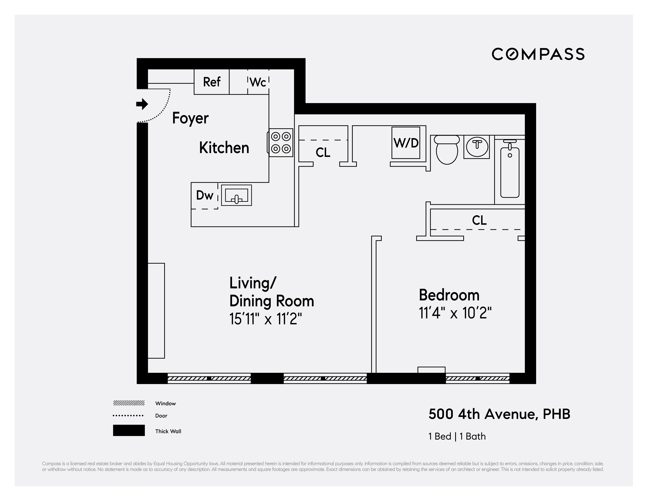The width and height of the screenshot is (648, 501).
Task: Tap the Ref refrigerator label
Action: [212, 82]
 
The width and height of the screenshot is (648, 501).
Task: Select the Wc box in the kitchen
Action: [258, 82]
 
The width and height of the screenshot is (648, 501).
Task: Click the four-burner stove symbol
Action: [281, 143]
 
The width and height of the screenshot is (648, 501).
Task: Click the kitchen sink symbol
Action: [236, 195]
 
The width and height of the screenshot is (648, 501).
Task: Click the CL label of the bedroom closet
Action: [479, 220]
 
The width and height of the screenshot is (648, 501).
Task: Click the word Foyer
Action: [190, 118]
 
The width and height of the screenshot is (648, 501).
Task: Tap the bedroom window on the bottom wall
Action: [477, 378]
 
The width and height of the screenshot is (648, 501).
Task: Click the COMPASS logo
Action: [538, 54]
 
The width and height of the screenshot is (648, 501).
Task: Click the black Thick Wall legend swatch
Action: [129, 430]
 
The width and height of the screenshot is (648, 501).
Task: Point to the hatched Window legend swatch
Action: [129, 403]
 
